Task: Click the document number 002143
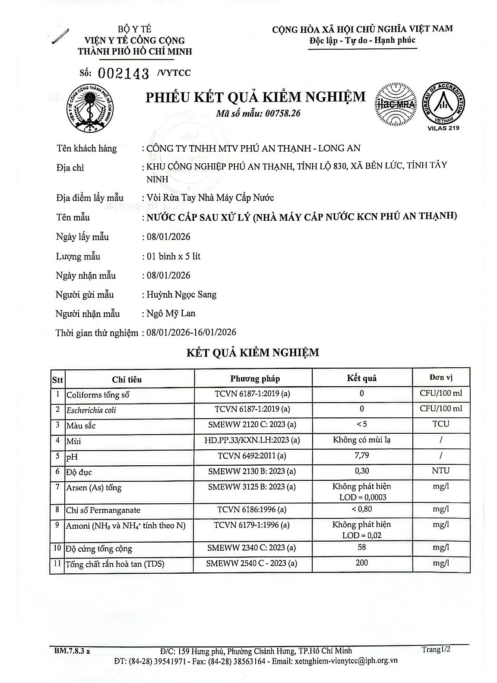point(123,73)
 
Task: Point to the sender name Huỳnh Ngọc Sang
point(181,295)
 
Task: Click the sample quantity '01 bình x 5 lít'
point(174,256)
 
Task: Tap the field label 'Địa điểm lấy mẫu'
point(90,198)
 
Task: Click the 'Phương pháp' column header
point(255,379)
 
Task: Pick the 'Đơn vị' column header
point(440,378)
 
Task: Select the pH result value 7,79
point(361,455)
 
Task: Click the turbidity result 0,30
point(361,471)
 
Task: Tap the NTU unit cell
point(440,471)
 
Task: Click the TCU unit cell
point(440,424)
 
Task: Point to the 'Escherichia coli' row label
point(91,410)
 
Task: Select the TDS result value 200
point(362,562)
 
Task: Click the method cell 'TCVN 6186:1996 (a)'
point(252,510)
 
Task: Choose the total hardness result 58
point(362,547)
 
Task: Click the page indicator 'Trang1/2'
point(436,649)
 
